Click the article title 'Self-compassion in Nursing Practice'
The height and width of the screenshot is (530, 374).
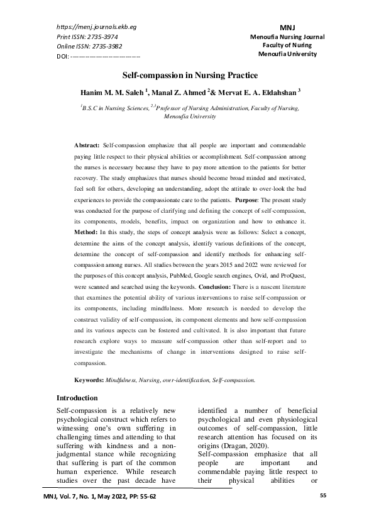click(x=187, y=74)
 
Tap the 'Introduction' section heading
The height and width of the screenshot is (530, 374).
click(x=77, y=398)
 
